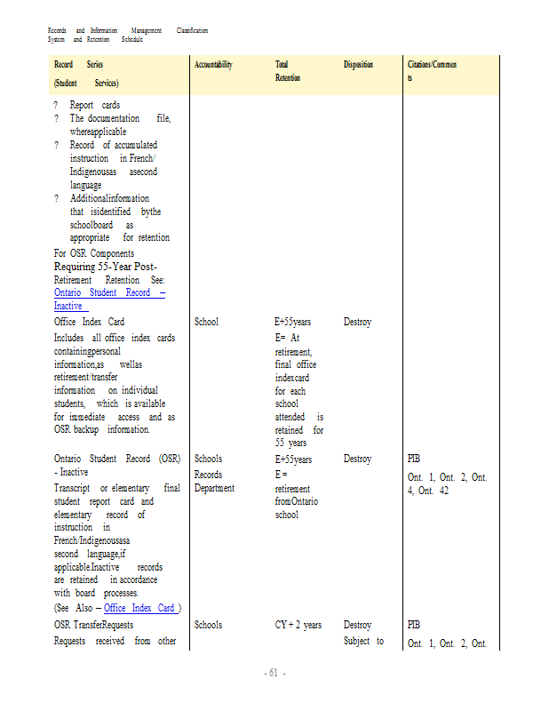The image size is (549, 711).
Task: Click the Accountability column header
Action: [x=213, y=65]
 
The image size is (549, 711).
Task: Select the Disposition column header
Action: [x=358, y=65]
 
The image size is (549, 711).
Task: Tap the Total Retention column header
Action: [x=288, y=71]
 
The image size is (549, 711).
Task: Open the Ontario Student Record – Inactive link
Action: [x=108, y=299]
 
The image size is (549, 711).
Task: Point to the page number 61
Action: [x=274, y=674]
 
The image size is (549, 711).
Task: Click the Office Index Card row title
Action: [x=89, y=322]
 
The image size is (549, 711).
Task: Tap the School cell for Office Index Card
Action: [x=206, y=322]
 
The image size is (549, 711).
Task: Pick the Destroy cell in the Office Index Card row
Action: [x=357, y=322]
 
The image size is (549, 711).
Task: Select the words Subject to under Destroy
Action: [x=363, y=642]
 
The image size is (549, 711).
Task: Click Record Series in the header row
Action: [x=78, y=65]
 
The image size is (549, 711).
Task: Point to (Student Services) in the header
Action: [x=86, y=83]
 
